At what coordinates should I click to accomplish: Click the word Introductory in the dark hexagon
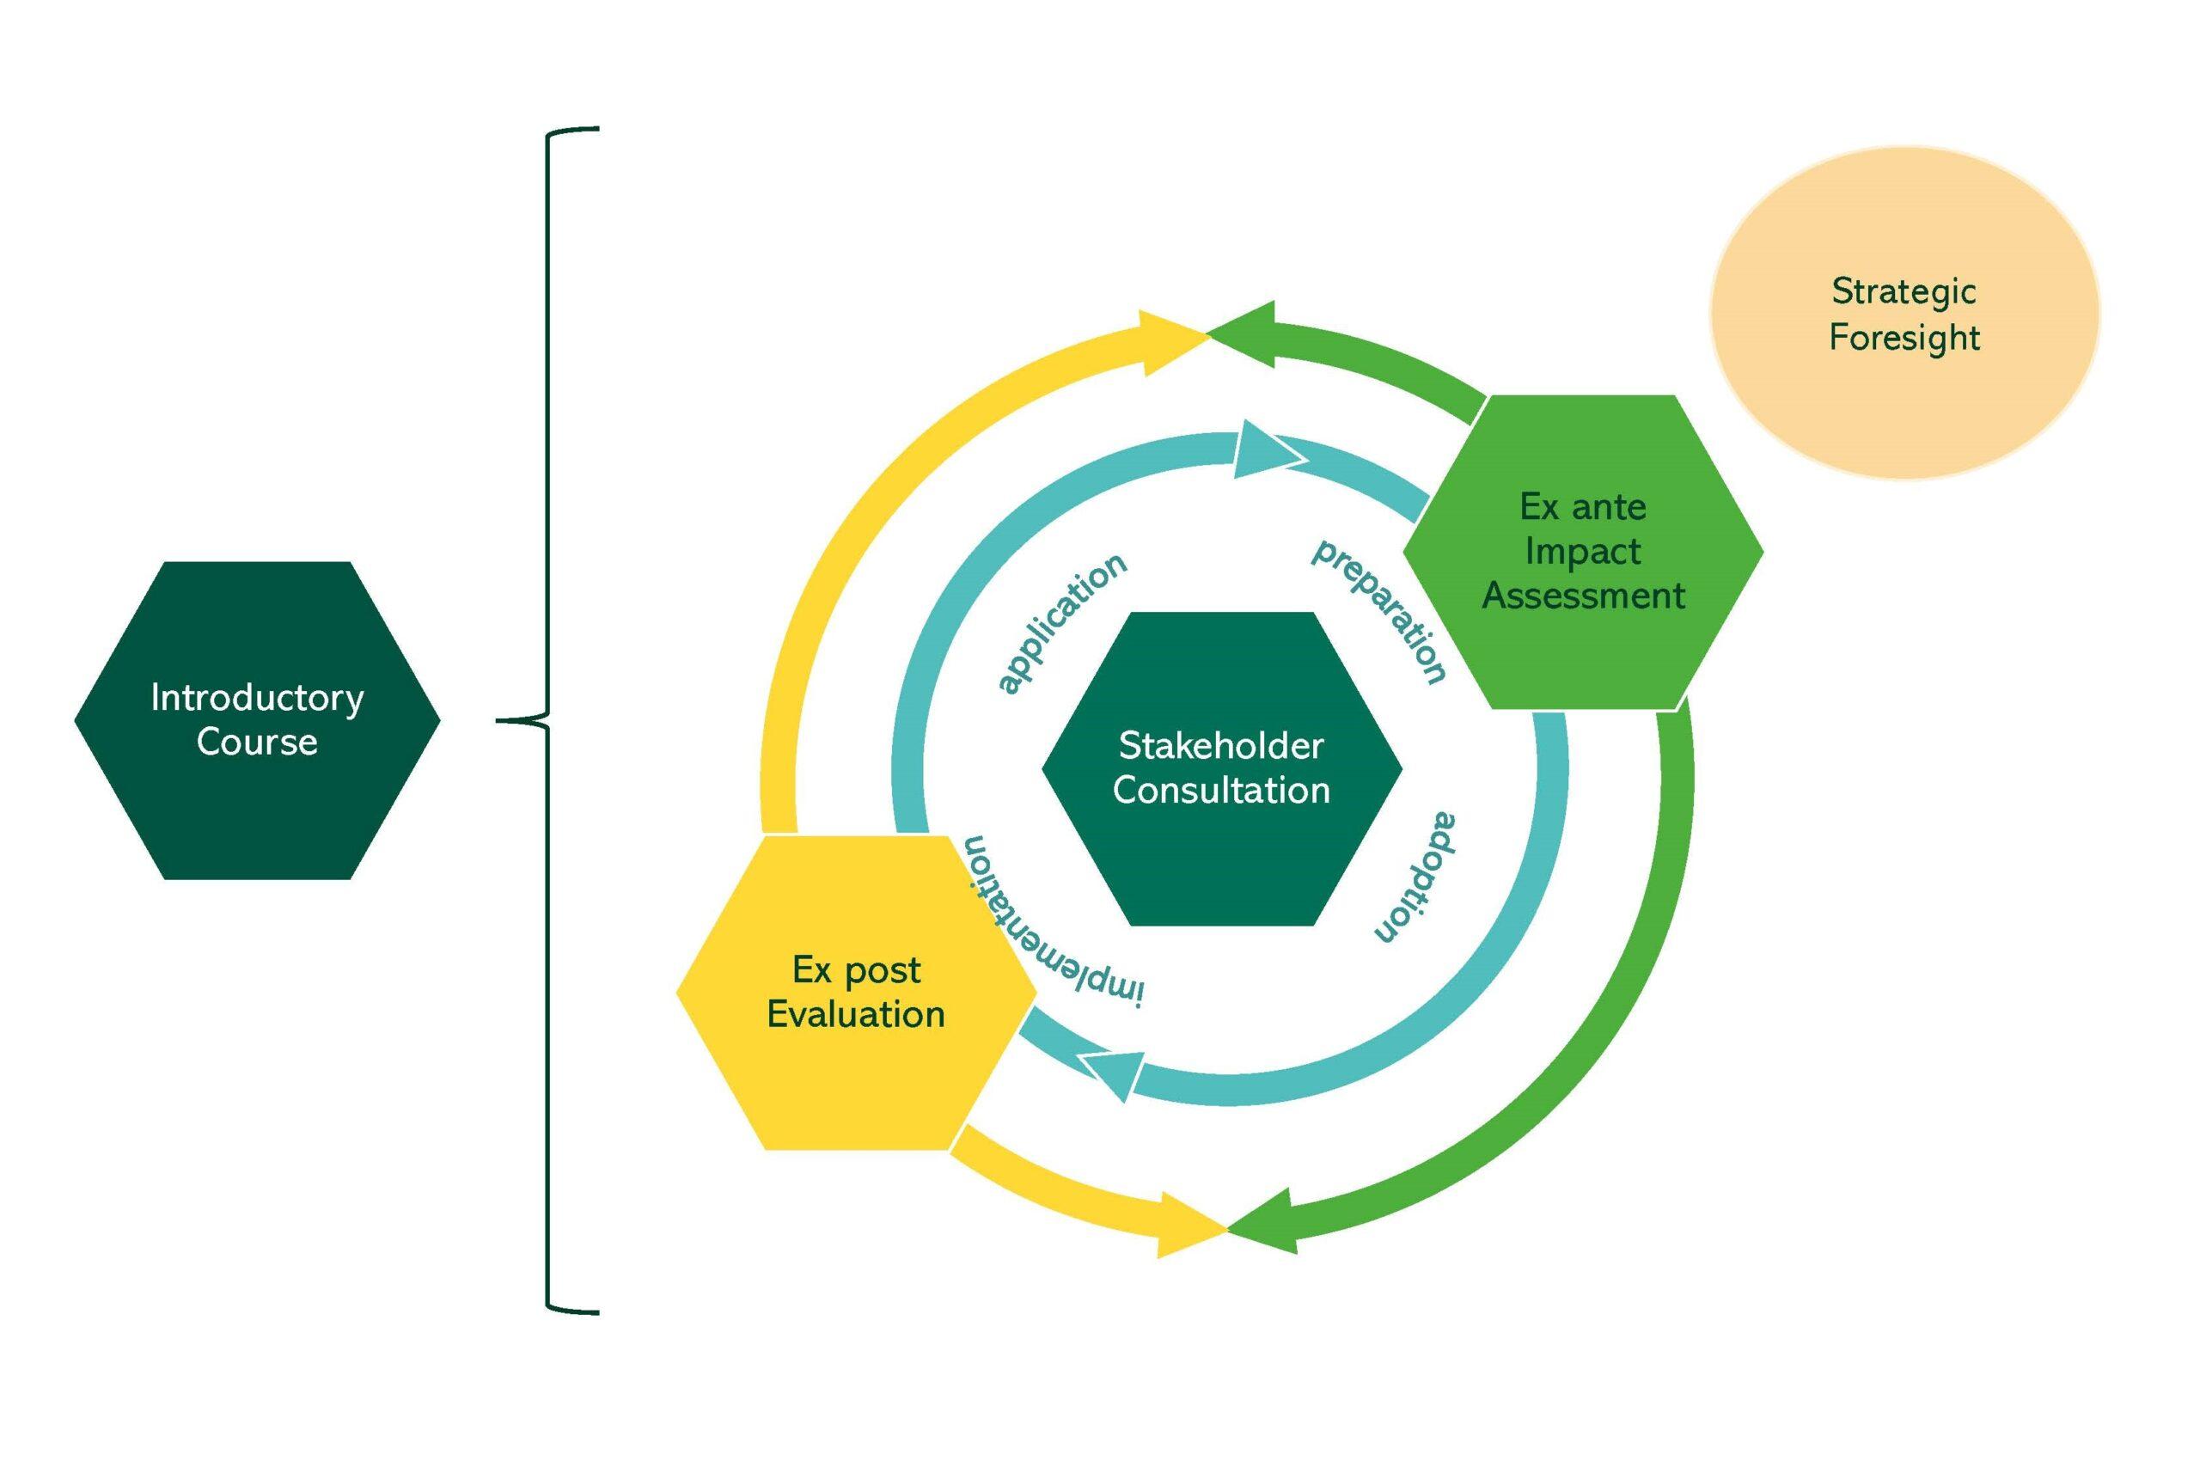click(257, 699)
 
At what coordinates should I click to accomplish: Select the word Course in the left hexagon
click(257, 743)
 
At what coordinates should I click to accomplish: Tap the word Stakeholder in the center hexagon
click(1220, 747)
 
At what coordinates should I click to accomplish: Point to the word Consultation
click(1220, 791)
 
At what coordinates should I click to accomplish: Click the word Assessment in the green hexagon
click(1583, 596)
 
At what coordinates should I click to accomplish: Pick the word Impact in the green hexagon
click(1583, 551)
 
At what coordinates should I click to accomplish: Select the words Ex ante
click(1583, 507)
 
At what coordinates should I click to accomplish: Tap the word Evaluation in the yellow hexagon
click(856, 1014)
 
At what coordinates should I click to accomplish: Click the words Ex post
click(856, 970)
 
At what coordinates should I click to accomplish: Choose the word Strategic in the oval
click(1904, 292)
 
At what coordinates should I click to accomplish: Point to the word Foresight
click(1904, 338)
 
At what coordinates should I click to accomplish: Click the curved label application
click(1060, 622)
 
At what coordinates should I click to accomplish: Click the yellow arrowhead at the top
click(1170, 342)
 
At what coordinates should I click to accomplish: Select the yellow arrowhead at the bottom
click(1188, 1226)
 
